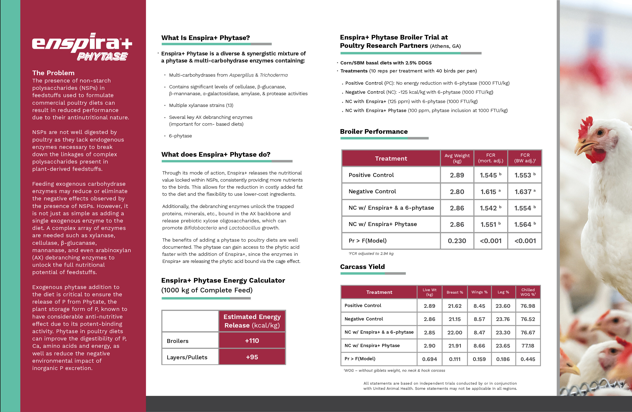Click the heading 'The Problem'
53,73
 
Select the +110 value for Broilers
252,340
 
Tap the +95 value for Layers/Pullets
252,357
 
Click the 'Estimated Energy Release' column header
252,321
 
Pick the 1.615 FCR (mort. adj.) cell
490,192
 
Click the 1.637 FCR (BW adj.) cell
525,192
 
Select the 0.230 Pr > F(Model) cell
457,241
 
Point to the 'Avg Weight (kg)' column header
457,158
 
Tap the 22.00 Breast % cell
455,332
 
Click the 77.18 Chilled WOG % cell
528,346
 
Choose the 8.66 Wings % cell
479,346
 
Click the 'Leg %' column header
503,292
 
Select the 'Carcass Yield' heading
362,267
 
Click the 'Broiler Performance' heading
374,132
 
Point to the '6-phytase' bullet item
180,136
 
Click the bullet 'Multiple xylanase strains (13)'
201,105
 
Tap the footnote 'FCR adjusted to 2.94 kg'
371,254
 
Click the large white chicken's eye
600,132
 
